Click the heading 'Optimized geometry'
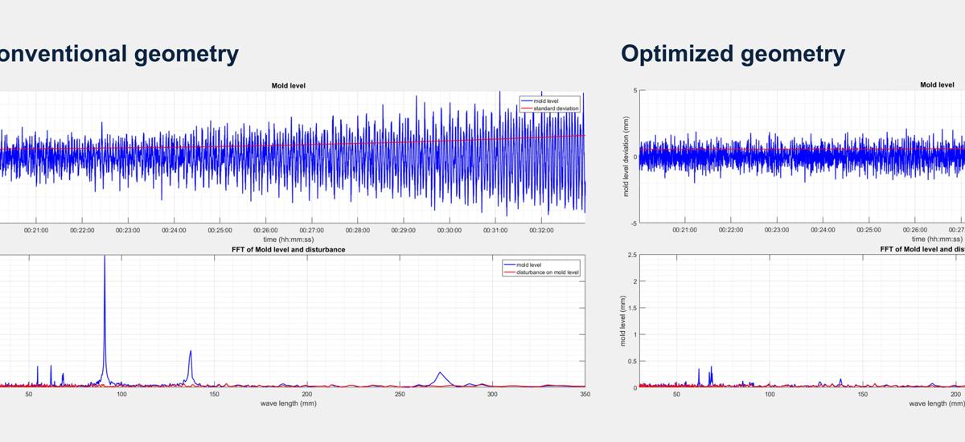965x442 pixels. tap(733, 54)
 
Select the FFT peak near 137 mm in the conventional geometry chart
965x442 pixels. tap(191, 352)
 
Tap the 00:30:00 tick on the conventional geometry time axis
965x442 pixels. tap(450, 230)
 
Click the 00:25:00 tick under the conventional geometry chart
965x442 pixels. tap(220, 230)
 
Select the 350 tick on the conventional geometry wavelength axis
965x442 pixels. tap(585, 395)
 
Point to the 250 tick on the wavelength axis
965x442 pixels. tap(400, 395)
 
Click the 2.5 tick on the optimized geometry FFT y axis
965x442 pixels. tap(632, 255)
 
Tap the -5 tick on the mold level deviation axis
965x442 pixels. tap(634, 223)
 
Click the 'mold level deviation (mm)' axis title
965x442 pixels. tap(626, 157)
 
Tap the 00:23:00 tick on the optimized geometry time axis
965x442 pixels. tap(777, 230)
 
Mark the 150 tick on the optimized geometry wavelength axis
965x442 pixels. tap(863, 395)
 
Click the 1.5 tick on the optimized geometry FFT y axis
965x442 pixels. tap(632, 308)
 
